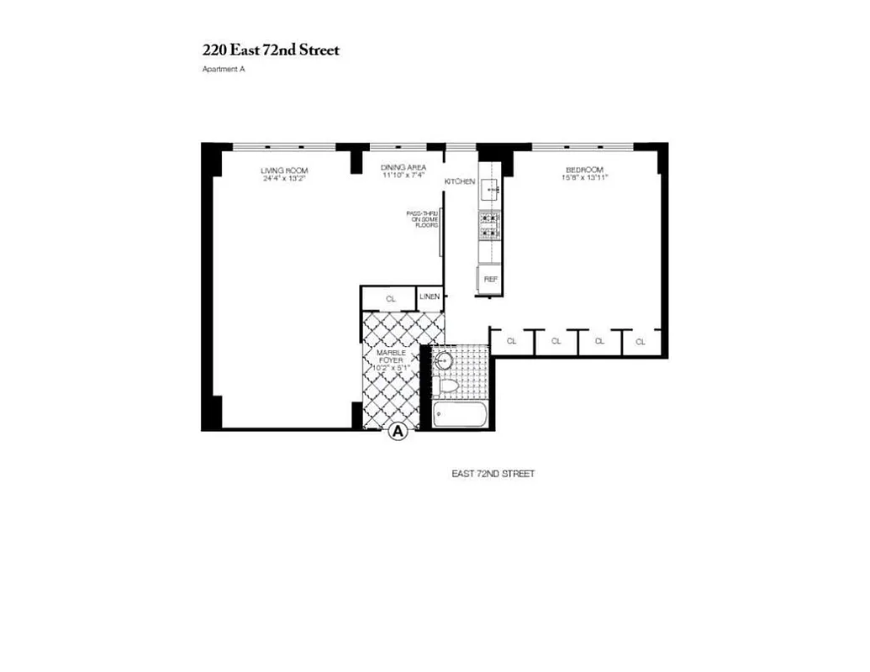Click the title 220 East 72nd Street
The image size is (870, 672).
(271, 50)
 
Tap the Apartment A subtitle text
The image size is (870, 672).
(223, 70)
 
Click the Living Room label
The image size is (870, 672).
(284, 171)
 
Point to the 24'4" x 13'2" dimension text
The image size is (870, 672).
(284, 178)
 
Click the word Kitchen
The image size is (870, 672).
(461, 181)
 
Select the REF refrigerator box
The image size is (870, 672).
(491, 278)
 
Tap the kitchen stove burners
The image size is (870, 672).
(490, 224)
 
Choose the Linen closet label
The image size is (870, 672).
(430, 297)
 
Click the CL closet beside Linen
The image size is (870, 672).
(390, 298)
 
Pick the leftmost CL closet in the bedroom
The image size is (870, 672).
(512, 342)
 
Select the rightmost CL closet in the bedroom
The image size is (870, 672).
(641, 342)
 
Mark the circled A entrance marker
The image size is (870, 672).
(398, 432)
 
